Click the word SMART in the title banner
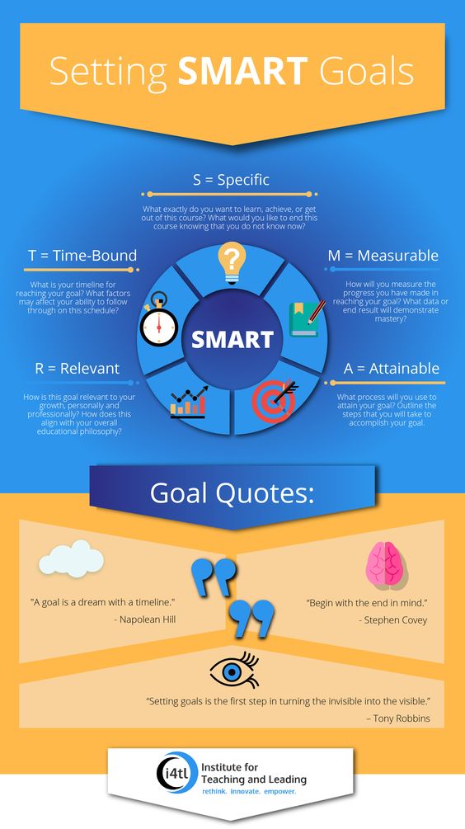click(x=242, y=72)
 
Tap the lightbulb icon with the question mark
click(x=232, y=263)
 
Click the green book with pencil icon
click(x=307, y=318)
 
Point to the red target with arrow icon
click(x=275, y=401)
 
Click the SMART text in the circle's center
click(x=233, y=339)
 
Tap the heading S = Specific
click(x=231, y=180)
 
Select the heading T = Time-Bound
click(x=82, y=256)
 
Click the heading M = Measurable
click(x=383, y=256)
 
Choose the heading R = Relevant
click(x=77, y=368)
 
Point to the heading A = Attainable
click(x=392, y=368)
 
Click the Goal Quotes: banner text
click(x=232, y=493)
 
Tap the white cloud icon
click(x=72, y=558)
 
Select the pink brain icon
click(x=387, y=565)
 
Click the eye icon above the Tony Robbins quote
click(x=234, y=670)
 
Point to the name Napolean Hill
click(x=148, y=619)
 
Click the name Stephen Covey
click(x=395, y=620)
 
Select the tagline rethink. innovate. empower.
click(x=250, y=792)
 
